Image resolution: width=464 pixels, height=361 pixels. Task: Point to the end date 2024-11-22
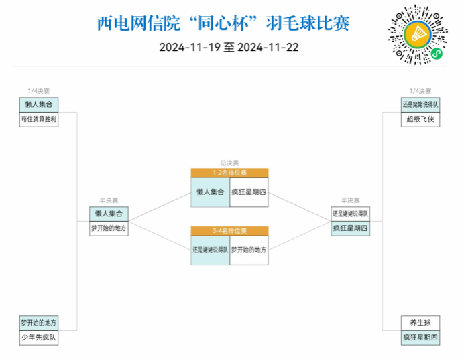[x=268, y=48]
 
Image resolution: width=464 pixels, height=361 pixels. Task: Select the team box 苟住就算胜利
[x=39, y=119]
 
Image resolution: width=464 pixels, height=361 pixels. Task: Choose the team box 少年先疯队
[x=39, y=338]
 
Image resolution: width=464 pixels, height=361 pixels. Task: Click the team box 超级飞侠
[x=420, y=119]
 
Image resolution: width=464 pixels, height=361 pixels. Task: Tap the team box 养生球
[x=420, y=323]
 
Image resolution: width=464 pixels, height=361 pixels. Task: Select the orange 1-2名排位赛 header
[x=229, y=173]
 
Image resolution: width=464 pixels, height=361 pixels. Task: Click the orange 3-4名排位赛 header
[x=229, y=231]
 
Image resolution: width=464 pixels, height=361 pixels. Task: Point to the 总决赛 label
[x=229, y=163]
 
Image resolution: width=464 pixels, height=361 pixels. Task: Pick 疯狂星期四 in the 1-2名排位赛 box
[x=249, y=192]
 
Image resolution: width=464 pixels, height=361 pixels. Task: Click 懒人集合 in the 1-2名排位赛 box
[x=210, y=192]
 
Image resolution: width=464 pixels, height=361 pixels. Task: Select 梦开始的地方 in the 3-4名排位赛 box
[x=249, y=250]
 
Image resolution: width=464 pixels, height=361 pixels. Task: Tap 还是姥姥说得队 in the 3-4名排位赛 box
[x=210, y=250]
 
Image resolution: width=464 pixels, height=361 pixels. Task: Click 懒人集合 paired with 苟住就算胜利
[x=39, y=104]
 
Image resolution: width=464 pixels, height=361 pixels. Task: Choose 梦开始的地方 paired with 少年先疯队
[x=39, y=323]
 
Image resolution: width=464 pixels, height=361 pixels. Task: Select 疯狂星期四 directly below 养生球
[x=420, y=338]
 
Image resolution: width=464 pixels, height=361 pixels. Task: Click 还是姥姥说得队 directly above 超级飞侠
[x=420, y=104]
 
